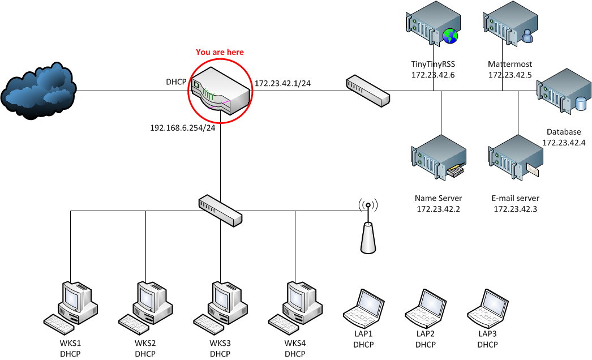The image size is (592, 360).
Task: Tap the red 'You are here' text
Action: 220,52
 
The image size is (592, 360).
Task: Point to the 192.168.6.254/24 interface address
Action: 182,128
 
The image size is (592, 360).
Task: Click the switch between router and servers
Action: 368,91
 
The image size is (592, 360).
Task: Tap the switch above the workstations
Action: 220,211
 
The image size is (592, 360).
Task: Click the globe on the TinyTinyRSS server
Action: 451,37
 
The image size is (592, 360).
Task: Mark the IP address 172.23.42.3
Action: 516,209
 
